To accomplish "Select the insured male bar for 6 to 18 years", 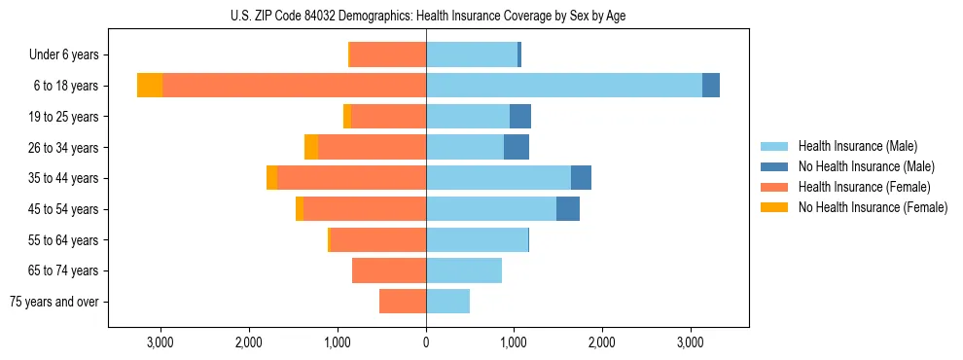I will [564, 86].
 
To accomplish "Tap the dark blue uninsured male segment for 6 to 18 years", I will [711, 86].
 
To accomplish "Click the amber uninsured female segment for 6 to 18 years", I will [150, 86].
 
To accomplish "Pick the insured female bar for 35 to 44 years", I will [351, 178].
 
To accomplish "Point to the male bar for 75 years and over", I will [447, 302].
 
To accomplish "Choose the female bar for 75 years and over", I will [403, 302].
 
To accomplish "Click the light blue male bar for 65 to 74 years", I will [464, 270].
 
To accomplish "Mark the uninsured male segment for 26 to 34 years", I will [517, 147].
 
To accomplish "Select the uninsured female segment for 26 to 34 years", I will [311, 147].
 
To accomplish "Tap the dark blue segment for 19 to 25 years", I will [520, 117].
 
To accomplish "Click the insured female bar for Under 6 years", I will [388, 54].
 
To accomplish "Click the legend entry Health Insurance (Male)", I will [857, 146].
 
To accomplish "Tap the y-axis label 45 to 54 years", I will [62, 209].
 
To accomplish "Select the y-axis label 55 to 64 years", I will [62, 240].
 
